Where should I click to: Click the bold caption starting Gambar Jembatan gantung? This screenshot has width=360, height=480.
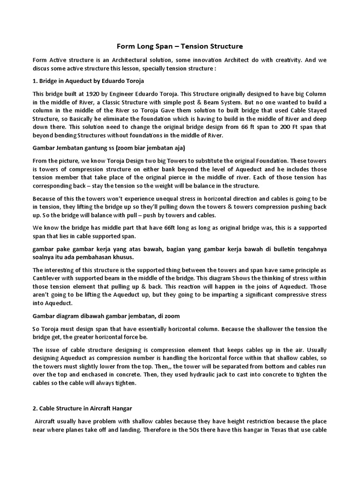(x=109, y=148)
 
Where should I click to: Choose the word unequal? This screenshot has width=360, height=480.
(x=157, y=199)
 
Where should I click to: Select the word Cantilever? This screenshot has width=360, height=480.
(x=48, y=278)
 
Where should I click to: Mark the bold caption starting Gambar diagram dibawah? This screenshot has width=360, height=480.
(x=106, y=316)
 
